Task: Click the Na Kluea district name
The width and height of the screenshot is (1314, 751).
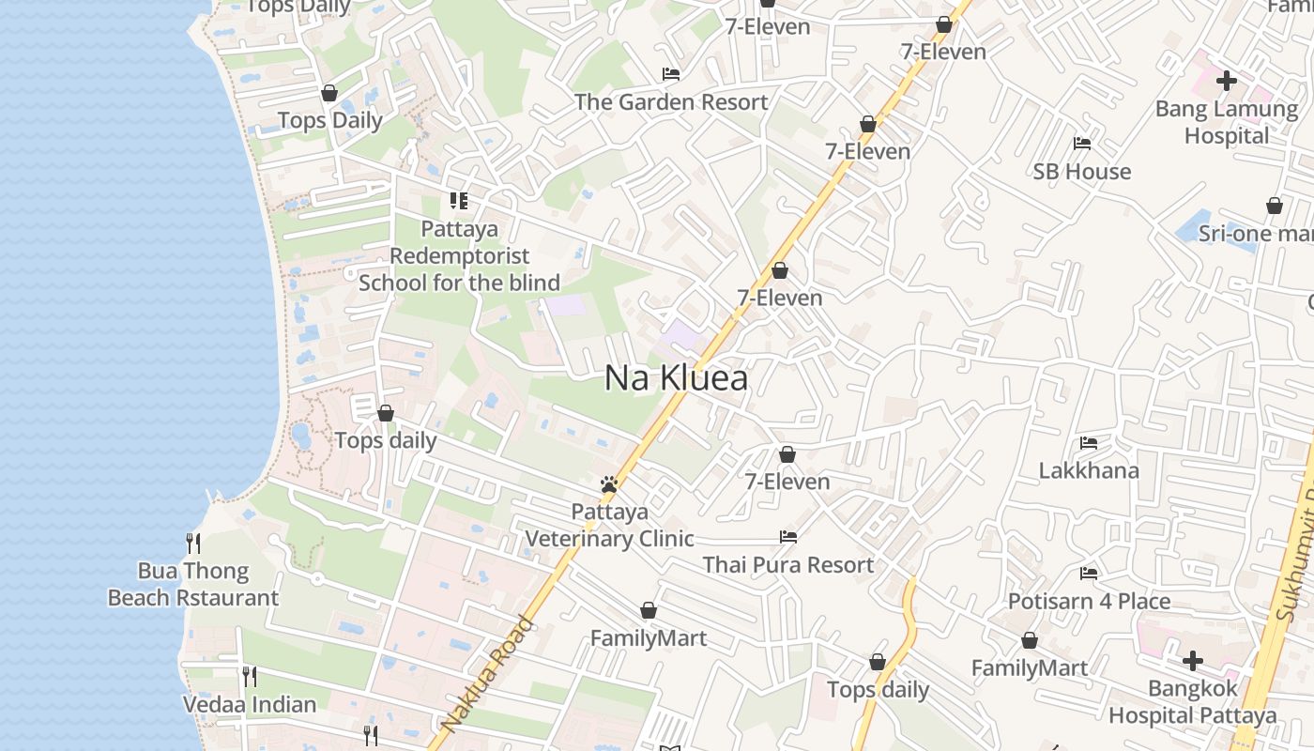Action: click(676, 377)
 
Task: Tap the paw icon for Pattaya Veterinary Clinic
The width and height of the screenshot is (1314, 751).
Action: click(609, 484)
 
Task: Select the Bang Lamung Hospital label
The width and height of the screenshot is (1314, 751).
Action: click(1226, 122)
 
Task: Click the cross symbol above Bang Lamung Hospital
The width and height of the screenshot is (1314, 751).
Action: click(1226, 81)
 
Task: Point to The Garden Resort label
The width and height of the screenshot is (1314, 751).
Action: click(671, 101)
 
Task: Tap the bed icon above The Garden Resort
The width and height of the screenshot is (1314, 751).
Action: click(671, 73)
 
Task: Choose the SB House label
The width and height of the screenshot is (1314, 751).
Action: click(1082, 171)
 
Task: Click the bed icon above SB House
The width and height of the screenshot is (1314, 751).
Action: click(1082, 144)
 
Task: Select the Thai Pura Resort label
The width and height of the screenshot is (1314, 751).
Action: click(788, 564)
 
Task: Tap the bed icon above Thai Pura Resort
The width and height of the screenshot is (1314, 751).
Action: click(788, 537)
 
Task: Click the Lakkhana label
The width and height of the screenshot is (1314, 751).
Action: click(1089, 470)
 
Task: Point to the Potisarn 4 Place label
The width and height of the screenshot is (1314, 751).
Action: click(1089, 601)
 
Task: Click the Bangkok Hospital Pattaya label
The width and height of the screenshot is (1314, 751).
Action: click(1192, 701)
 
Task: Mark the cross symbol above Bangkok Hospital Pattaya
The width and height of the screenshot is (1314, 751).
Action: click(1192, 661)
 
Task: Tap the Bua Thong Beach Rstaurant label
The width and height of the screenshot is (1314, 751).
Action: click(193, 584)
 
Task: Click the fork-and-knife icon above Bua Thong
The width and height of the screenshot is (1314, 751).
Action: click(193, 543)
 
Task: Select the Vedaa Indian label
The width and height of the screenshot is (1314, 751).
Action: click(250, 704)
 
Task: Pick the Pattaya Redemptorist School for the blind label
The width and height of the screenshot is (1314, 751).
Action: click(460, 255)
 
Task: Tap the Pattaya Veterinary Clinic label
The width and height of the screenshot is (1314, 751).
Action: click(610, 525)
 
